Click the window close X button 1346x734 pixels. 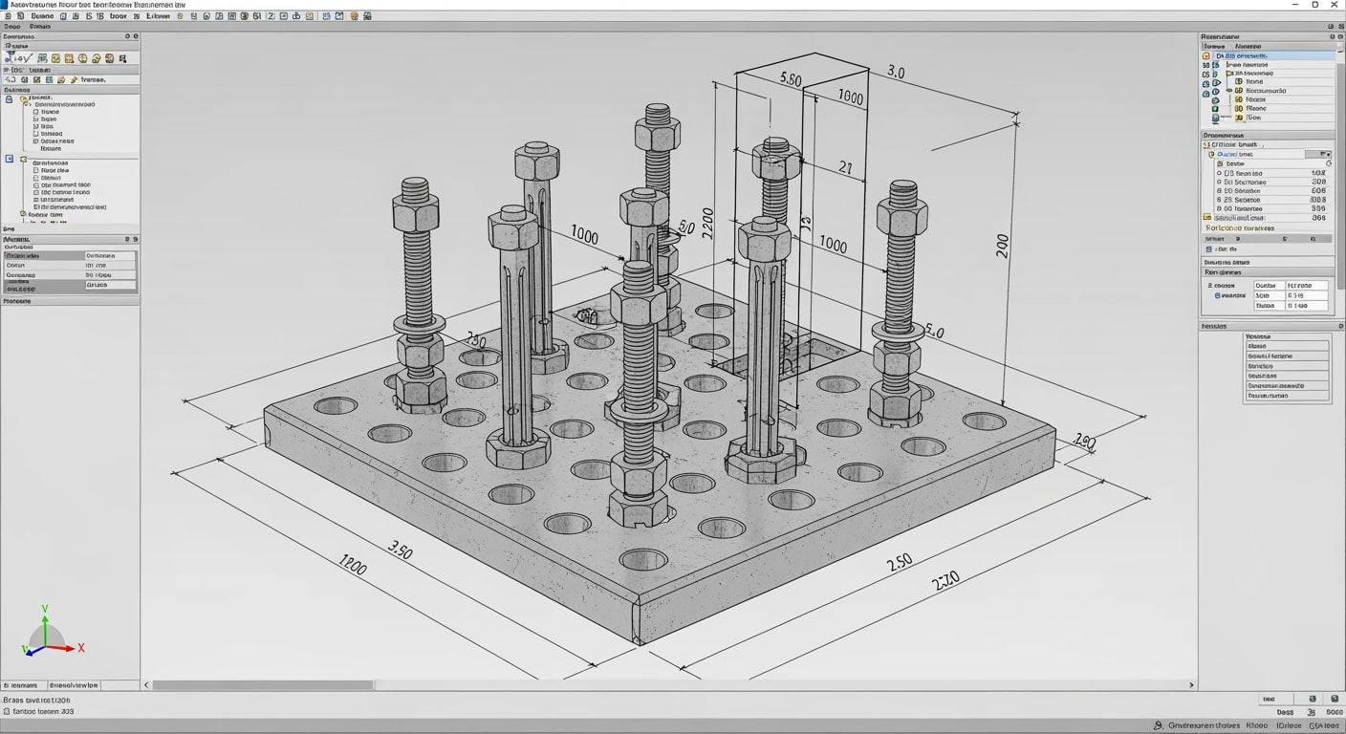click(1335, 5)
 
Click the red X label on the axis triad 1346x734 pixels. click(81, 648)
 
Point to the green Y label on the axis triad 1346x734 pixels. click(45, 609)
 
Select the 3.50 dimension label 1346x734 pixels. click(400, 550)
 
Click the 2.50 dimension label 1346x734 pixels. click(899, 563)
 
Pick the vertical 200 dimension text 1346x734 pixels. click(1002, 246)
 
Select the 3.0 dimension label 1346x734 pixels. click(896, 72)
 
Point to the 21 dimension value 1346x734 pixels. click(845, 168)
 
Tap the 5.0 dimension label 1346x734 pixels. click(934, 333)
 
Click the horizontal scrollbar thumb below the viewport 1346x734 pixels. click(263, 685)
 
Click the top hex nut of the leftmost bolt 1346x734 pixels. click(415, 212)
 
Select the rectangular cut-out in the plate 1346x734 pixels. click(765, 358)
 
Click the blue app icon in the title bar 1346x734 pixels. click(5, 5)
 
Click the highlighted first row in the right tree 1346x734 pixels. click(1271, 55)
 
